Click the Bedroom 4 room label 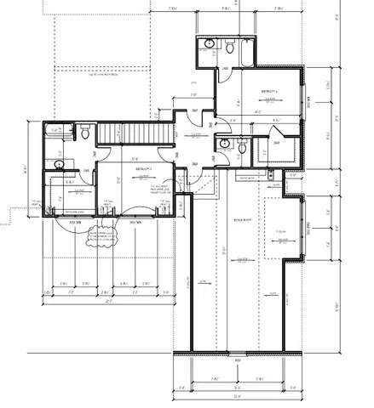(268, 89)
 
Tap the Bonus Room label (241, 218)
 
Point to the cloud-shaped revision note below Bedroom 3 (99, 233)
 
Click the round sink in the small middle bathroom (224, 144)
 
